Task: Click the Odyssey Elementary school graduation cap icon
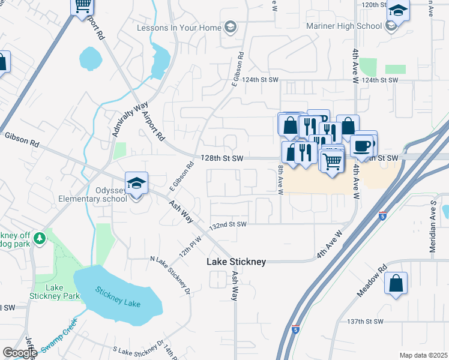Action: click(136, 183)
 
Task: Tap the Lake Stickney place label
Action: click(236, 262)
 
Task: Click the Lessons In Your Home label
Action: click(178, 28)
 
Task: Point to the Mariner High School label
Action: click(344, 26)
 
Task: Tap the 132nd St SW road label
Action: click(228, 224)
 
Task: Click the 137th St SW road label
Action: click(365, 322)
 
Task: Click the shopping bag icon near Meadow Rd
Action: click(396, 283)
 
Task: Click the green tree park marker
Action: click(40, 239)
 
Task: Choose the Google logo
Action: click(20, 353)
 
